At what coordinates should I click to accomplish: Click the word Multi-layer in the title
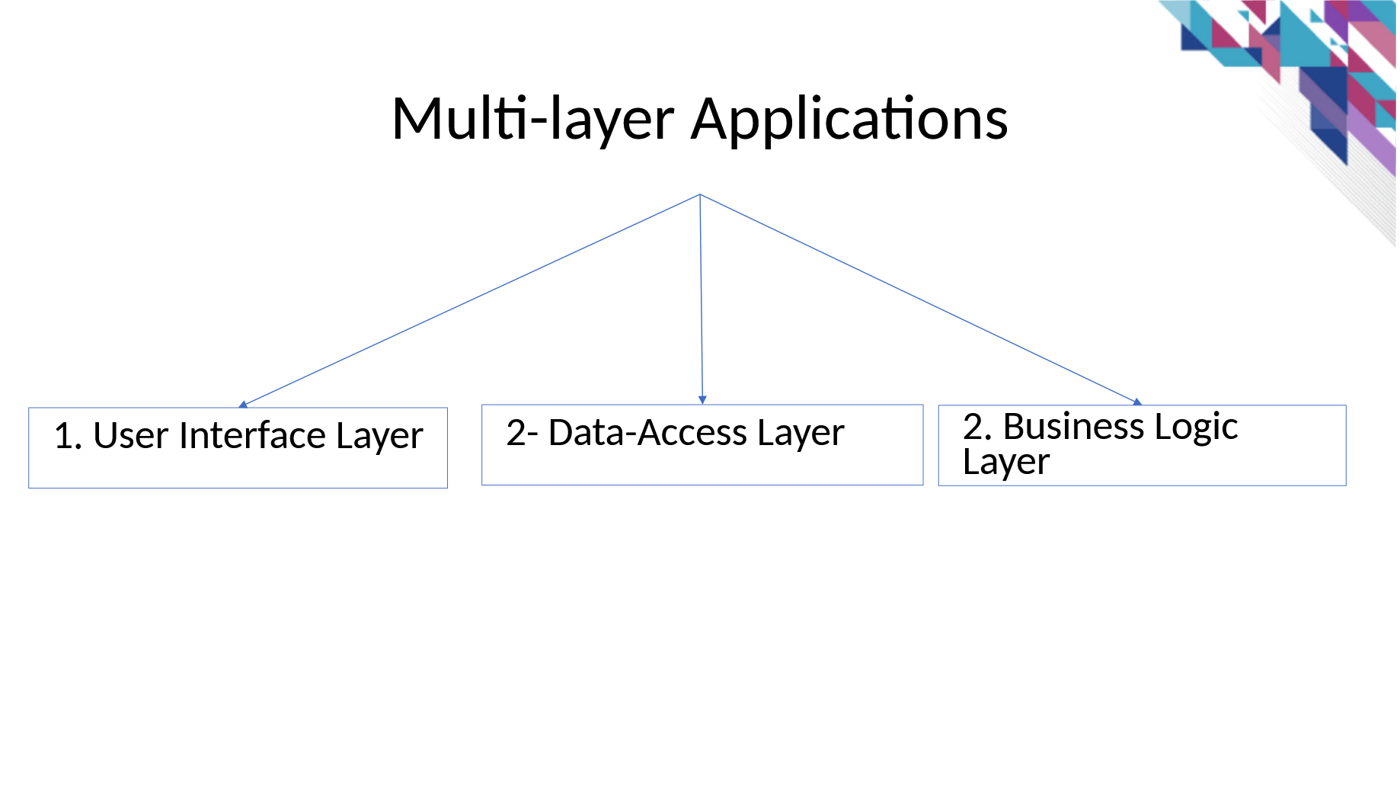tap(533, 120)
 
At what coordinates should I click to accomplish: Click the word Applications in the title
tap(849, 120)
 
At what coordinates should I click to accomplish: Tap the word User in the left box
tap(130, 436)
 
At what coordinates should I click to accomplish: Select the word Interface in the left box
tap(253, 435)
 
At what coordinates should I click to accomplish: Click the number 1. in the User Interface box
tap(68, 436)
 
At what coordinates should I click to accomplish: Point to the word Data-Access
tap(647, 432)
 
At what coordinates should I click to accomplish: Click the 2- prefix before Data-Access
tap(522, 432)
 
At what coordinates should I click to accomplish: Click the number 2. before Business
tap(977, 426)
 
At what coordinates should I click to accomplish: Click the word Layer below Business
tap(1006, 462)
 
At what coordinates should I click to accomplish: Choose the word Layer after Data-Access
tap(801, 434)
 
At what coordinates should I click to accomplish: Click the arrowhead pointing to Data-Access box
tap(702, 399)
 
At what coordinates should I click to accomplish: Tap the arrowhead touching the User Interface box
tap(243, 405)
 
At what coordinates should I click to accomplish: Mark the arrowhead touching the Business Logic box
tap(1137, 402)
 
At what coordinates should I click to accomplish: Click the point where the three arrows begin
tap(700, 194)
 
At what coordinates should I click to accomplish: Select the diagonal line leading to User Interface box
tap(471, 300)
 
